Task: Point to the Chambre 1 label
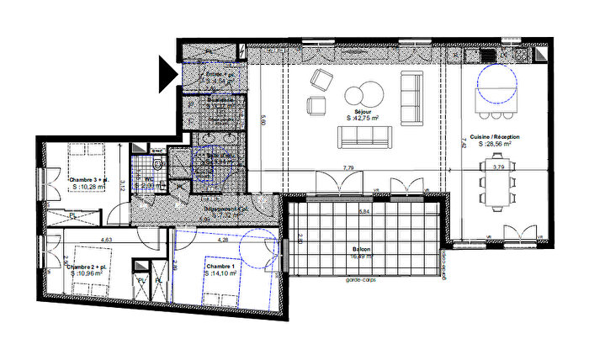[x=221, y=267]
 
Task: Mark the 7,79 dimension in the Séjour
[x=348, y=168]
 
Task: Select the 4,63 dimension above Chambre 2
[x=107, y=241]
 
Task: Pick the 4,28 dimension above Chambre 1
[x=222, y=241]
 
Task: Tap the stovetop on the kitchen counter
[x=491, y=55]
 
